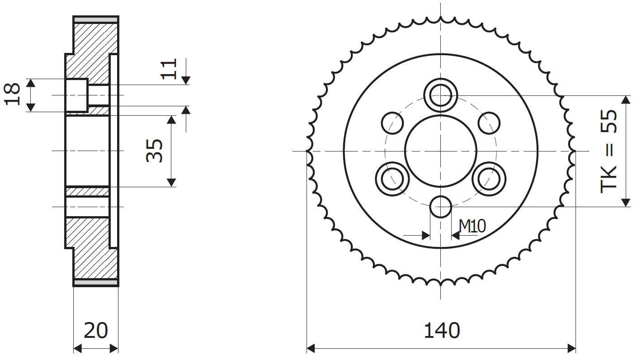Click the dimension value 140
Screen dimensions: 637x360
[442, 331]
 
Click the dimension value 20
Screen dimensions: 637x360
[96, 331]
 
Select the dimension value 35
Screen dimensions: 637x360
[155, 151]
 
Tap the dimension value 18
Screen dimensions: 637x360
[12, 95]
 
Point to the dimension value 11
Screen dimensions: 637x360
[169, 69]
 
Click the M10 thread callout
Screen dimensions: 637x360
[472, 227]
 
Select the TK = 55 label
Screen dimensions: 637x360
[609, 151]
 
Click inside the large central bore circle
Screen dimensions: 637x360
[440, 151]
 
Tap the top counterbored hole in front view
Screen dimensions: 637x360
[440, 95]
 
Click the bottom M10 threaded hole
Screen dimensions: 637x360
[440, 207]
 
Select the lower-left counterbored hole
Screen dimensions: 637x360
[392, 179]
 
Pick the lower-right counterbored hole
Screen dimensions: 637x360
[489, 179]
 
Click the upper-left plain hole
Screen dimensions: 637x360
[392, 123]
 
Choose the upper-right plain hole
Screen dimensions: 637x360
[489, 123]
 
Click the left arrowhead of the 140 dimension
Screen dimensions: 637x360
[311, 348]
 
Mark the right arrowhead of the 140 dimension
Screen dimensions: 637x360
[571, 348]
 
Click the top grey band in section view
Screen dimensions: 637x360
[96, 20]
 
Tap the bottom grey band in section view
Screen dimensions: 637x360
[96, 282]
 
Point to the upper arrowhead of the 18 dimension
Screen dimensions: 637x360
[31, 83]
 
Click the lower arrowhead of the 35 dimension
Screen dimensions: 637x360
[171, 182]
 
